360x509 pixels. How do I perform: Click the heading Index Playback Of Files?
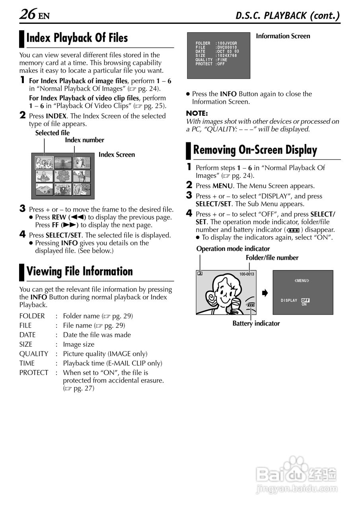click(x=77, y=38)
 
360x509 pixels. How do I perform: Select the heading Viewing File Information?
click(x=80, y=272)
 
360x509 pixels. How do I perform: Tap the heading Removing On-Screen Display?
click(x=255, y=150)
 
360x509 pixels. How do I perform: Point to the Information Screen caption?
click(x=283, y=36)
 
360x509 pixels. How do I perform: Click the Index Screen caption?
click(x=117, y=155)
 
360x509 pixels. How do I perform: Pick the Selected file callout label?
click(x=52, y=133)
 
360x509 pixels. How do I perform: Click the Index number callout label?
click(x=84, y=140)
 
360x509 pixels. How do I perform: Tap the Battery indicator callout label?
click(x=256, y=323)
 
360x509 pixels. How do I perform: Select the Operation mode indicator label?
click(x=233, y=249)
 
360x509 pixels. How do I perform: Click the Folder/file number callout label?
click(x=272, y=258)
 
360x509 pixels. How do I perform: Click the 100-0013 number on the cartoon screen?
click(x=247, y=274)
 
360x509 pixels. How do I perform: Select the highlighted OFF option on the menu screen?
click(x=305, y=300)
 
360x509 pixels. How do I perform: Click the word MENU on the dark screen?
click(x=302, y=281)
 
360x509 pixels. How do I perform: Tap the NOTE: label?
click(x=197, y=113)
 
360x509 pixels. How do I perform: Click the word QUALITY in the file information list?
click(x=34, y=354)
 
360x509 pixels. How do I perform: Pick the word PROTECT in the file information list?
click(x=34, y=373)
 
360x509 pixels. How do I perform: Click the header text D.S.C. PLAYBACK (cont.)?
click(x=288, y=16)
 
